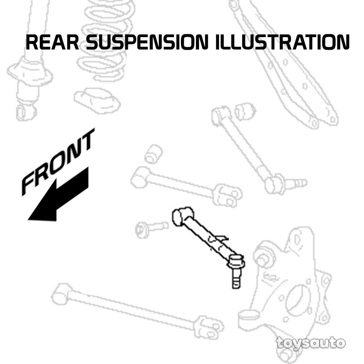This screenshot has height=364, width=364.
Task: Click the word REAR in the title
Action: click(52, 43)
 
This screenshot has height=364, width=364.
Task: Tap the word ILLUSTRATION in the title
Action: click(282, 43)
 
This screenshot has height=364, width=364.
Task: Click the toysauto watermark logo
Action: click(310, 343)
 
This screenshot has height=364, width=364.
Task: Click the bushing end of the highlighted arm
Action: click(182, 216)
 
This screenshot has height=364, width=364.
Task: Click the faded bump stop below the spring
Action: click(97, 100)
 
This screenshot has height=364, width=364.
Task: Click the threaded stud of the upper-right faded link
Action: click(298, 183)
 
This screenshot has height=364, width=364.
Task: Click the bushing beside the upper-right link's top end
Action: click(245, 112)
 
